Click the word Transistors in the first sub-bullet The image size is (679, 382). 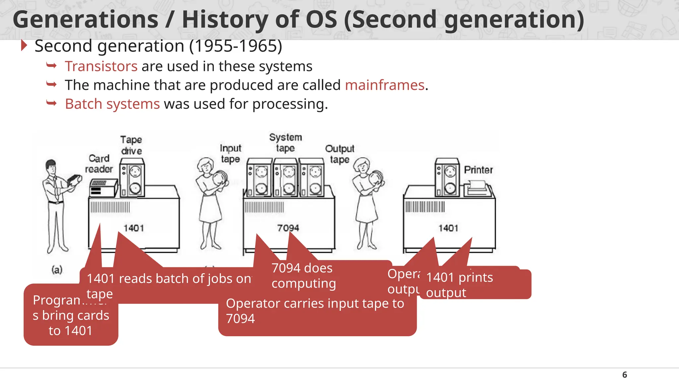click(x=101, y=66)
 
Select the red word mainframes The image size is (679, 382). click(x=385, y=85)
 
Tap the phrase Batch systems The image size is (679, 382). click(x=112, y=104)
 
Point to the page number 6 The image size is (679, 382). click(x=625, y=375)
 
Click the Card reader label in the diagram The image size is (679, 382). click(x=99, y=163)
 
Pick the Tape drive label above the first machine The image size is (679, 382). click(x=131, y=145)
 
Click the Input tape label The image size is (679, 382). click(x=230, y=153)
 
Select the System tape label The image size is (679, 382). click(x=285, y=143)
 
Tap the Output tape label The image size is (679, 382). click(x=339, y=154)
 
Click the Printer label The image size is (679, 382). click(x=478, y=170)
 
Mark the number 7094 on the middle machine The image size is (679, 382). click(x=288, y=228)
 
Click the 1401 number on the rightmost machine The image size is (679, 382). click(x=448, y=228)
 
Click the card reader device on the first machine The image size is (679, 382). click(x=103, y=188)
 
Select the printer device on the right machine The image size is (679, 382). click(x=477, y=189)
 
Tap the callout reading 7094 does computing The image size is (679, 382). click(x=303, y=276)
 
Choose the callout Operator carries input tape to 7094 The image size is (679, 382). click(x=315, y=311)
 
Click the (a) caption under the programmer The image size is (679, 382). click(x=57, y=270)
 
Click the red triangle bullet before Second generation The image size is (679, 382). click(x=24, y=45)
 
